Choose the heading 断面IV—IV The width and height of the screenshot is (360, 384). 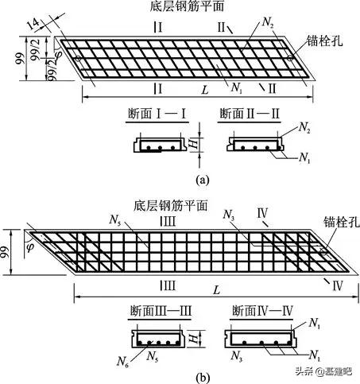coord(254,309)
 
